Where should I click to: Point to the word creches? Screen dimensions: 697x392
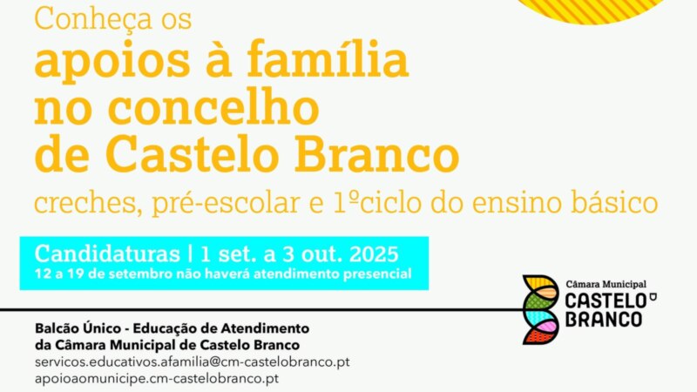click(x=89, y=203)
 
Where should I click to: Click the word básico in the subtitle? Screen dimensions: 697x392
click(x=614, y=203)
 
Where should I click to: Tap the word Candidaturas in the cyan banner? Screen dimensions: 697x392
click(x=107, y=253)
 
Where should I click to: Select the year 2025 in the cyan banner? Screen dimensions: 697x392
click(x=374, y=254)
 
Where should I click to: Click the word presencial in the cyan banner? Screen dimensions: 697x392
click(x=377, y=274)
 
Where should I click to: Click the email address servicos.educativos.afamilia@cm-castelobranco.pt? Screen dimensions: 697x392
click(x=193, y=362)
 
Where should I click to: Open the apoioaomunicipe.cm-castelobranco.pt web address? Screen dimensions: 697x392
click(x=157, y=379)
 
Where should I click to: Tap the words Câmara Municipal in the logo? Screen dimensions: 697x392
click(x=606, y=284)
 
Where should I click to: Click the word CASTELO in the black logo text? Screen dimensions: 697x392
click(x=606, y=301)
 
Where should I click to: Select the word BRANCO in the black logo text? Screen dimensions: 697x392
click(x=604, y=319)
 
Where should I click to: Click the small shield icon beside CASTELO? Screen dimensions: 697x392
click(x=653, y=296)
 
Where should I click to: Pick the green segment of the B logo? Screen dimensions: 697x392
click(x=537, y=302)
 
